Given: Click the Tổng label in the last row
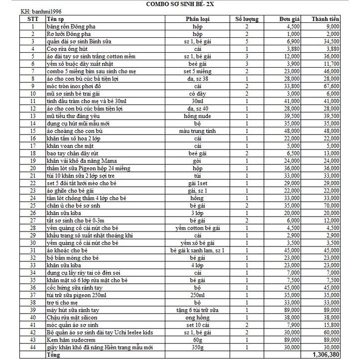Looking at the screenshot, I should pos(53,355).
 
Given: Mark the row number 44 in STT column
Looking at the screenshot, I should pos(32,347).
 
